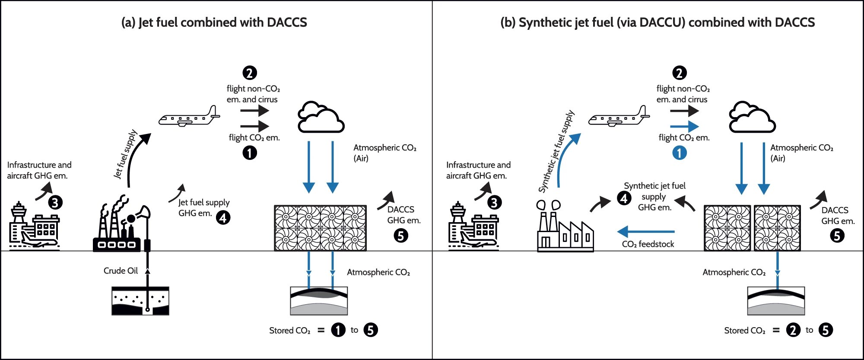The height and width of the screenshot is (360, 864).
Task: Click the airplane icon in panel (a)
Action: [189, 117]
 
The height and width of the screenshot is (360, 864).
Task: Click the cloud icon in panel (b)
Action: [752, 118]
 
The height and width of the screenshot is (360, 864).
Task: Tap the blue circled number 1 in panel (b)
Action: [679, 153]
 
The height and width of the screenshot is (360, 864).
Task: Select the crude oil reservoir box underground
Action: [140, 301]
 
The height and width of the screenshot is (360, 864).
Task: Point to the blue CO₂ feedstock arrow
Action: [646, 232]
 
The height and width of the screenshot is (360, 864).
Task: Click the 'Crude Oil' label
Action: [121, 271]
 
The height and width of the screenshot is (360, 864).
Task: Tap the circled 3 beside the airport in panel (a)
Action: [55, 202]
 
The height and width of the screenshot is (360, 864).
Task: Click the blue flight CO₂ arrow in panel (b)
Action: [684, 126]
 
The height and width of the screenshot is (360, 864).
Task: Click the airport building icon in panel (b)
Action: [473, 227]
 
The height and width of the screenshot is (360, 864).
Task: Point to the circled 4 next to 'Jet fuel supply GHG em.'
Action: [223, 217]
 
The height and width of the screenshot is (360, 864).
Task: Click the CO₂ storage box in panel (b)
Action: [776, 301]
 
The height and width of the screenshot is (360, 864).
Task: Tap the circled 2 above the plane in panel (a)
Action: [250, 73]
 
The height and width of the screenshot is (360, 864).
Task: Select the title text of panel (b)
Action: [658, 22]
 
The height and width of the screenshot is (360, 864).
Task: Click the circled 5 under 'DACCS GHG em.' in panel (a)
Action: [401, 236]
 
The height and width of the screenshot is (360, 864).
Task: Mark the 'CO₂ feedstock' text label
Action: [648, 244]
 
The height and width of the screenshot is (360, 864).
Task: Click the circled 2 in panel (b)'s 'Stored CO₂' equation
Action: [793, 330]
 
